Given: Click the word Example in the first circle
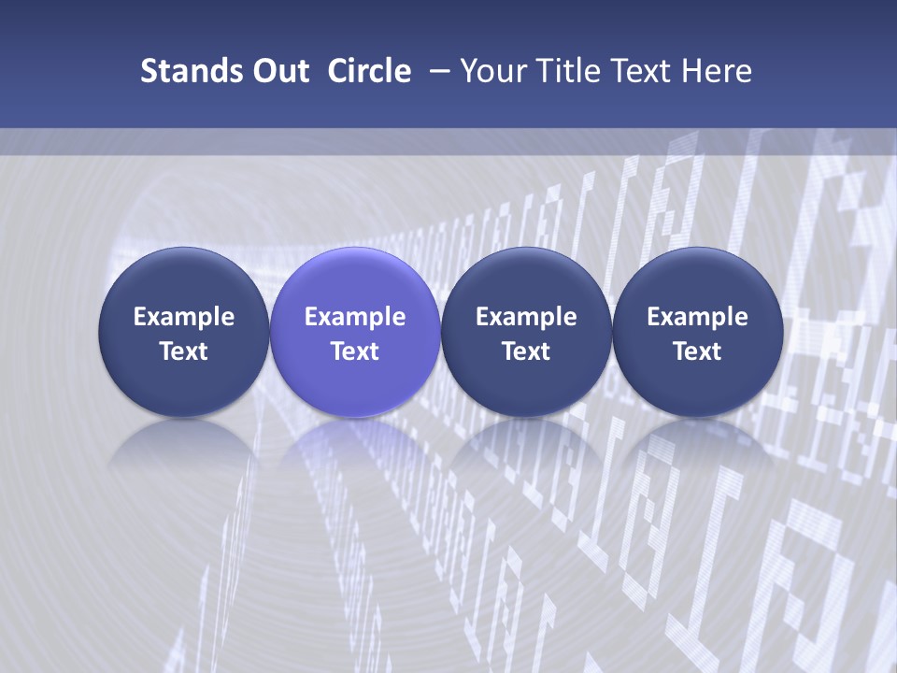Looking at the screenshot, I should (184, 317).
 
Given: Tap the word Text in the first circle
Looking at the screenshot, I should (184, 351).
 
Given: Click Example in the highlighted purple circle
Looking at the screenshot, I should (355, 317).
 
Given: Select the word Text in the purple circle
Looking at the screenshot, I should (355, 351).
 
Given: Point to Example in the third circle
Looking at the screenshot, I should (526, 317).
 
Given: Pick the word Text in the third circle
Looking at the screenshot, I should (526, 351).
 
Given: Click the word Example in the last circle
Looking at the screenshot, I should (697, 317).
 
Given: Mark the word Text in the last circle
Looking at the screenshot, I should (697, 351).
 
